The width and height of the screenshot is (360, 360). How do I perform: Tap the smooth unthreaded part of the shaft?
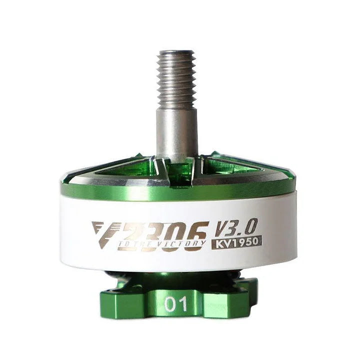coord(176,132)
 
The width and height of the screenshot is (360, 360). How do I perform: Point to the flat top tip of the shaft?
coord(176,51)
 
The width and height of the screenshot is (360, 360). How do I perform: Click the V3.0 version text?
coord(237,227)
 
